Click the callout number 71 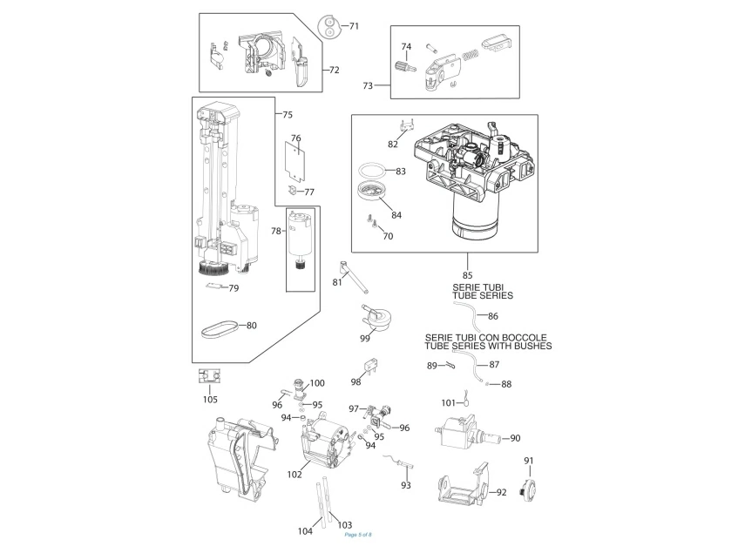tap(354, 26)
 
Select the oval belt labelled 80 tap(218, 327)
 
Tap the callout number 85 tap(468, 276)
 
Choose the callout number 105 tap(210, 400)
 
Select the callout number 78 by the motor tap(276, 231)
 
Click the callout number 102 tap(295, 475)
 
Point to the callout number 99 tap(365, 337)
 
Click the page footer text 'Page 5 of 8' tap(358, 535)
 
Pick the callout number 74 tap(406, 46)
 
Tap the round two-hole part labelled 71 tap(328, 27)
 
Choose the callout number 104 tap(305, 530)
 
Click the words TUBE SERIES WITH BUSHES tap(488, 347)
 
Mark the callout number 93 tap(405, 485)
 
